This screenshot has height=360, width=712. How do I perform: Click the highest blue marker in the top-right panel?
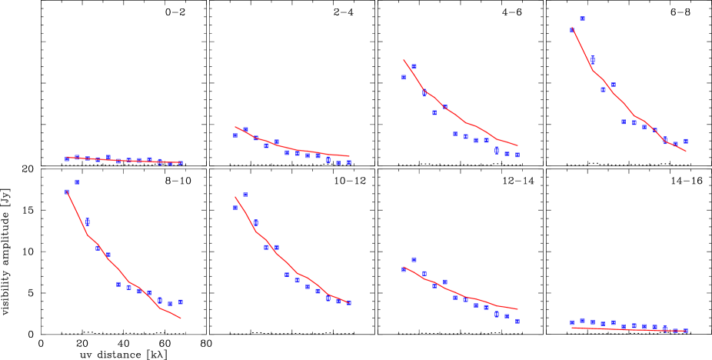(582, 18)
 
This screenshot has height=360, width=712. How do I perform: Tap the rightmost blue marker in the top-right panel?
(686, 141)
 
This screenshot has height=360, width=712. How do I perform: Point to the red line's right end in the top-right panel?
(686, 152)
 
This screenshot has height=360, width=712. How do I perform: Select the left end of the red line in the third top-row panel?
(404, 60)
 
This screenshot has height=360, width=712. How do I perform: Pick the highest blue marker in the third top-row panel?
(414, 67)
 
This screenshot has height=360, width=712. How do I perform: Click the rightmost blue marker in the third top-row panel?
(517, 155)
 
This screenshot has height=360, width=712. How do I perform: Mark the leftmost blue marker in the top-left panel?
(66, 158)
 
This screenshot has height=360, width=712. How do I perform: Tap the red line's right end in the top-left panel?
(181, 162)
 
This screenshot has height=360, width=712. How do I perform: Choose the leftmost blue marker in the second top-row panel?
(235, 135)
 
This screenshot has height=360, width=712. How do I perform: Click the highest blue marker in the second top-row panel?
(245, 130)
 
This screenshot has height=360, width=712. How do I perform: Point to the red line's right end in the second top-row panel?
(349, 156)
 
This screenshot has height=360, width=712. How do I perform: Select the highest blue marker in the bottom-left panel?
(77, 182)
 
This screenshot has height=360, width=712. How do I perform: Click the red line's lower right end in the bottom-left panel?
(181, 318)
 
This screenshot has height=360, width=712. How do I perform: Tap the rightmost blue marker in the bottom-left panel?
(181, 302)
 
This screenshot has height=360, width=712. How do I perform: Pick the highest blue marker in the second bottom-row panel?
(245, 195)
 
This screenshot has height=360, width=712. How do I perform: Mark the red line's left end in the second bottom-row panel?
(235, 198)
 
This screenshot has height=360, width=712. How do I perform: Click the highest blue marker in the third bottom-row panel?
(414, 260)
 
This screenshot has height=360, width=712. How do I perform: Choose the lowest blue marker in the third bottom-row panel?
(517, 322)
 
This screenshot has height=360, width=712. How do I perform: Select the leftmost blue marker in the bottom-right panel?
(572, 323)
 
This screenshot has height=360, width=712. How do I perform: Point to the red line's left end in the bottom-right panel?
(572, 328)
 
